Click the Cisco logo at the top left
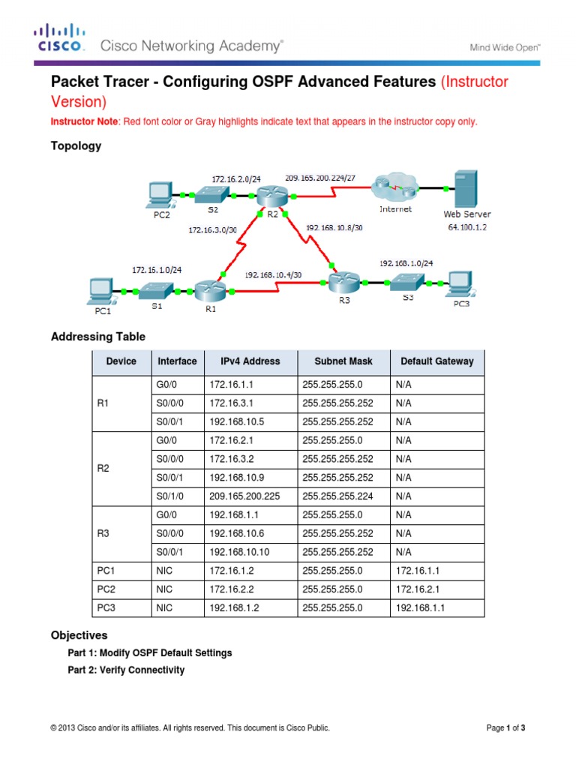click(x=58, y=38)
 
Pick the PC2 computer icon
click(x=159, y=194)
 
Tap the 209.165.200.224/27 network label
click(x=319, y=177)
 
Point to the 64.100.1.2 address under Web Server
click(x=467, y=226)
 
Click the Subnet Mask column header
click(x=343, y=361)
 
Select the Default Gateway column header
click(x=437, y=361)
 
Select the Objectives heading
click(x=79, y=635)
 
